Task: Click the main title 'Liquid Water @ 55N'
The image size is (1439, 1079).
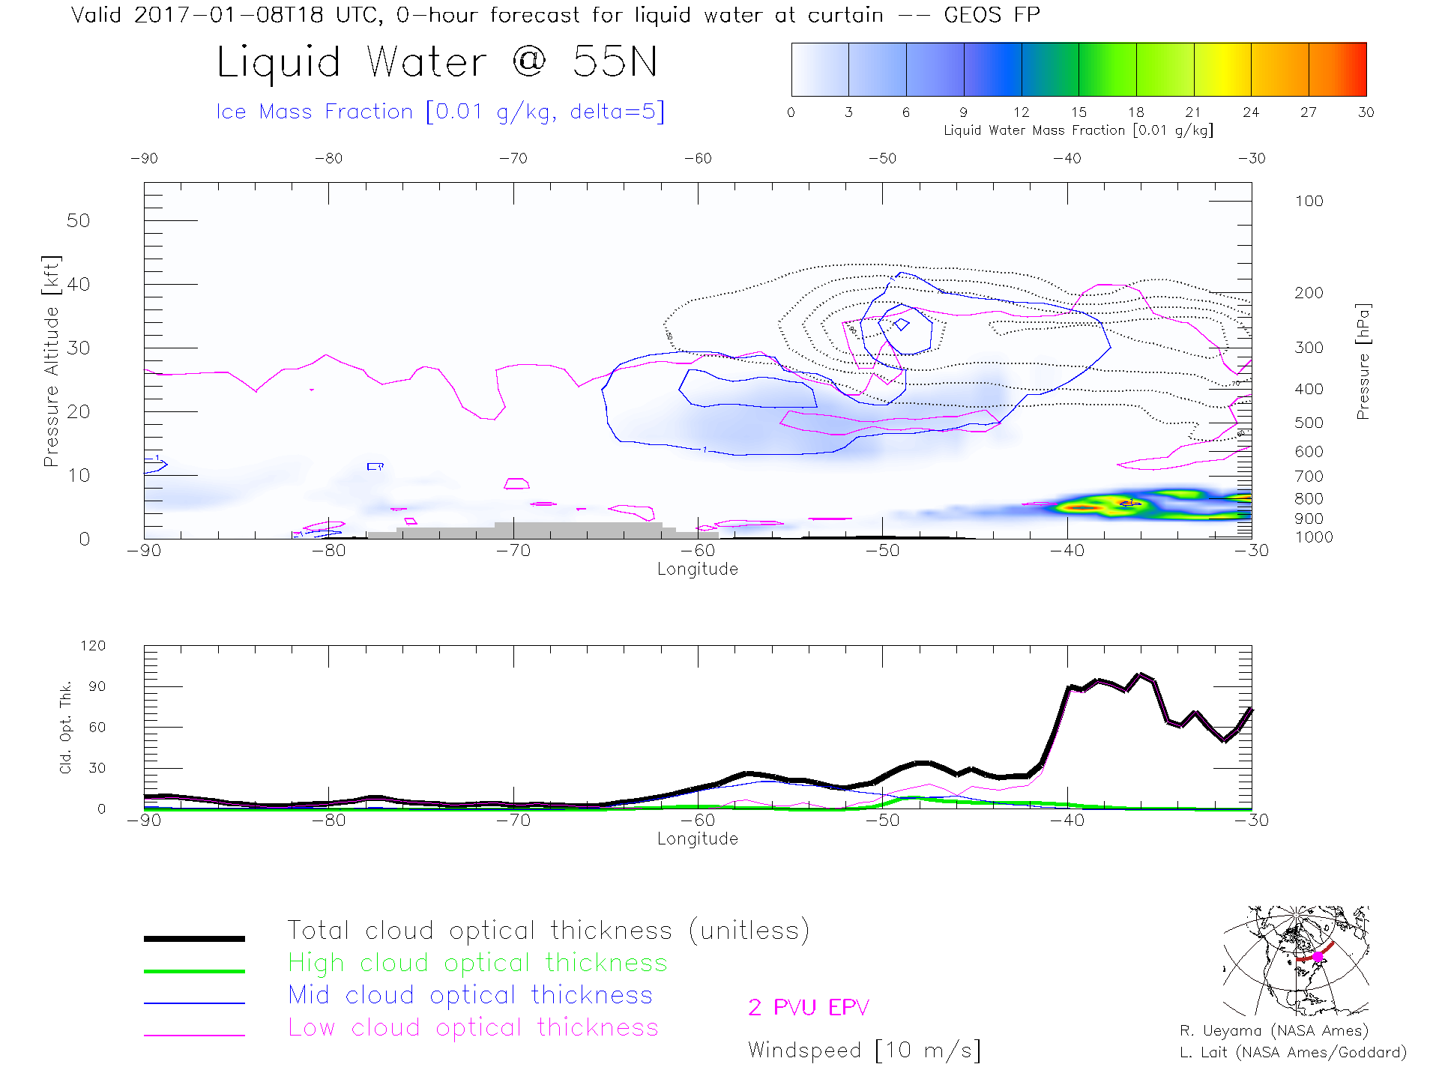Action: coord(437,62)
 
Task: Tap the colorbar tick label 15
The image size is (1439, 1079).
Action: coord(1079,112)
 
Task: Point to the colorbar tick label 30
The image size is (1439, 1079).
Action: coord(1366,112)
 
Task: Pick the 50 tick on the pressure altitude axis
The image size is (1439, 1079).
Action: coord(78,221)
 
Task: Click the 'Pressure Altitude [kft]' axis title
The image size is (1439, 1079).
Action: coord(51,361)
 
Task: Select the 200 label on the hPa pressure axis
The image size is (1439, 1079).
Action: coord(1309,293)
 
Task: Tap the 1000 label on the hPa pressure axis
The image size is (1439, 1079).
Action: coord(1313,537)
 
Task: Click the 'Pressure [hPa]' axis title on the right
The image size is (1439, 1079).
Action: coord(1363,361)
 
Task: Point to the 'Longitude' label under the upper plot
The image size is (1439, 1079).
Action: coord(697,569)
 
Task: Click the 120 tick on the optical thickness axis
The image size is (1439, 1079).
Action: coord(93,646)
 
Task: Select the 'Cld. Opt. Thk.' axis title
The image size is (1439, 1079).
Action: coord(66,727)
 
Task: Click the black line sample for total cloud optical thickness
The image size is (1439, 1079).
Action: coord(194,938)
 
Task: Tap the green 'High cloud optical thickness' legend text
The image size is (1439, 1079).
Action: coord(477,963)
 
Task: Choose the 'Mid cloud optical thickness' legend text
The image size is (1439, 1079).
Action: coord(470,995)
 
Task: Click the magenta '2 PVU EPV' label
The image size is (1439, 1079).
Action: coord(808,1008)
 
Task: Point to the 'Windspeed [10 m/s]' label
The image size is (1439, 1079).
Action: coord(863,1051)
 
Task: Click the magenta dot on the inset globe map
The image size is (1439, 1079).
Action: coord(1318,957)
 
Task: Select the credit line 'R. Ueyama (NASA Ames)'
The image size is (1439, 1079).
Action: coord(1273,1031)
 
